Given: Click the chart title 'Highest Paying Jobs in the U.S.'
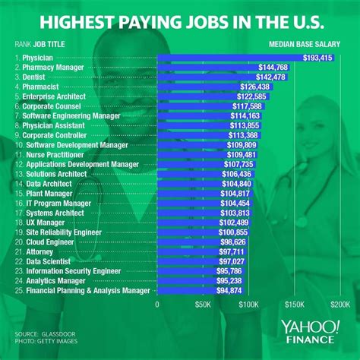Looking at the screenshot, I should click(180, 19).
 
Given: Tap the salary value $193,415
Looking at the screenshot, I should click(314, 57).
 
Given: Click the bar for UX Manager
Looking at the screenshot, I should click(190, 222).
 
